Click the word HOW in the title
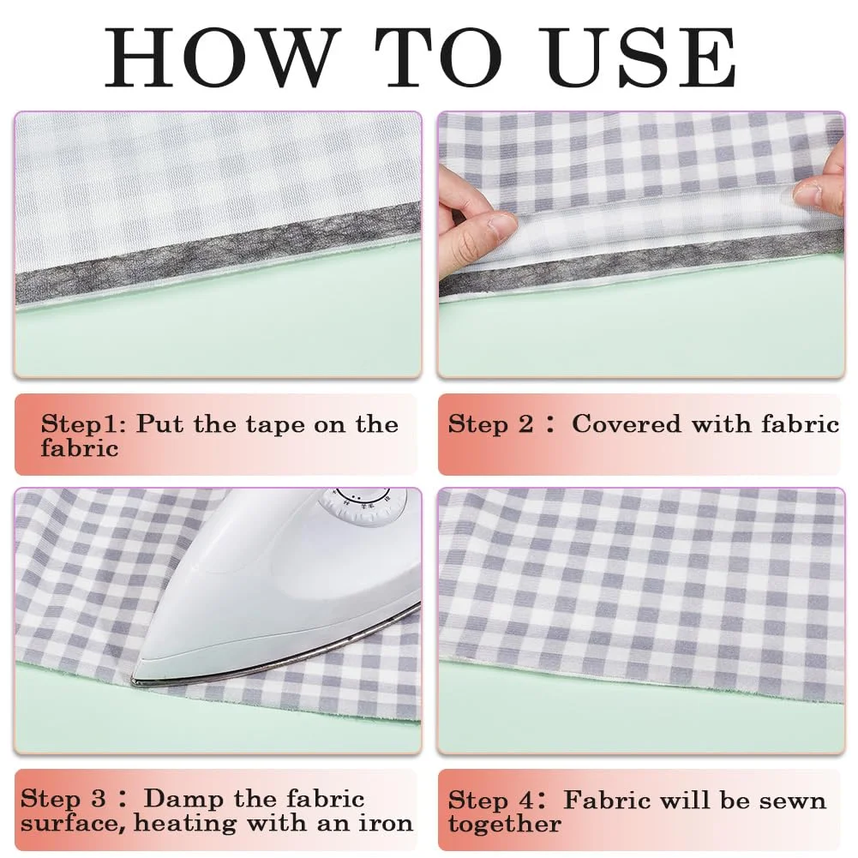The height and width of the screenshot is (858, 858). (x=219, y=57)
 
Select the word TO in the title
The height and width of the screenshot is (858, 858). (x=438, y=57)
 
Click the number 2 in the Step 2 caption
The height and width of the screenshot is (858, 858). (x=525, y=424)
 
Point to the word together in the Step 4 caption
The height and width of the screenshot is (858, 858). (x=505, y=824)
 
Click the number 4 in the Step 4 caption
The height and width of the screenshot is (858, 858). (x=526, y=801)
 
